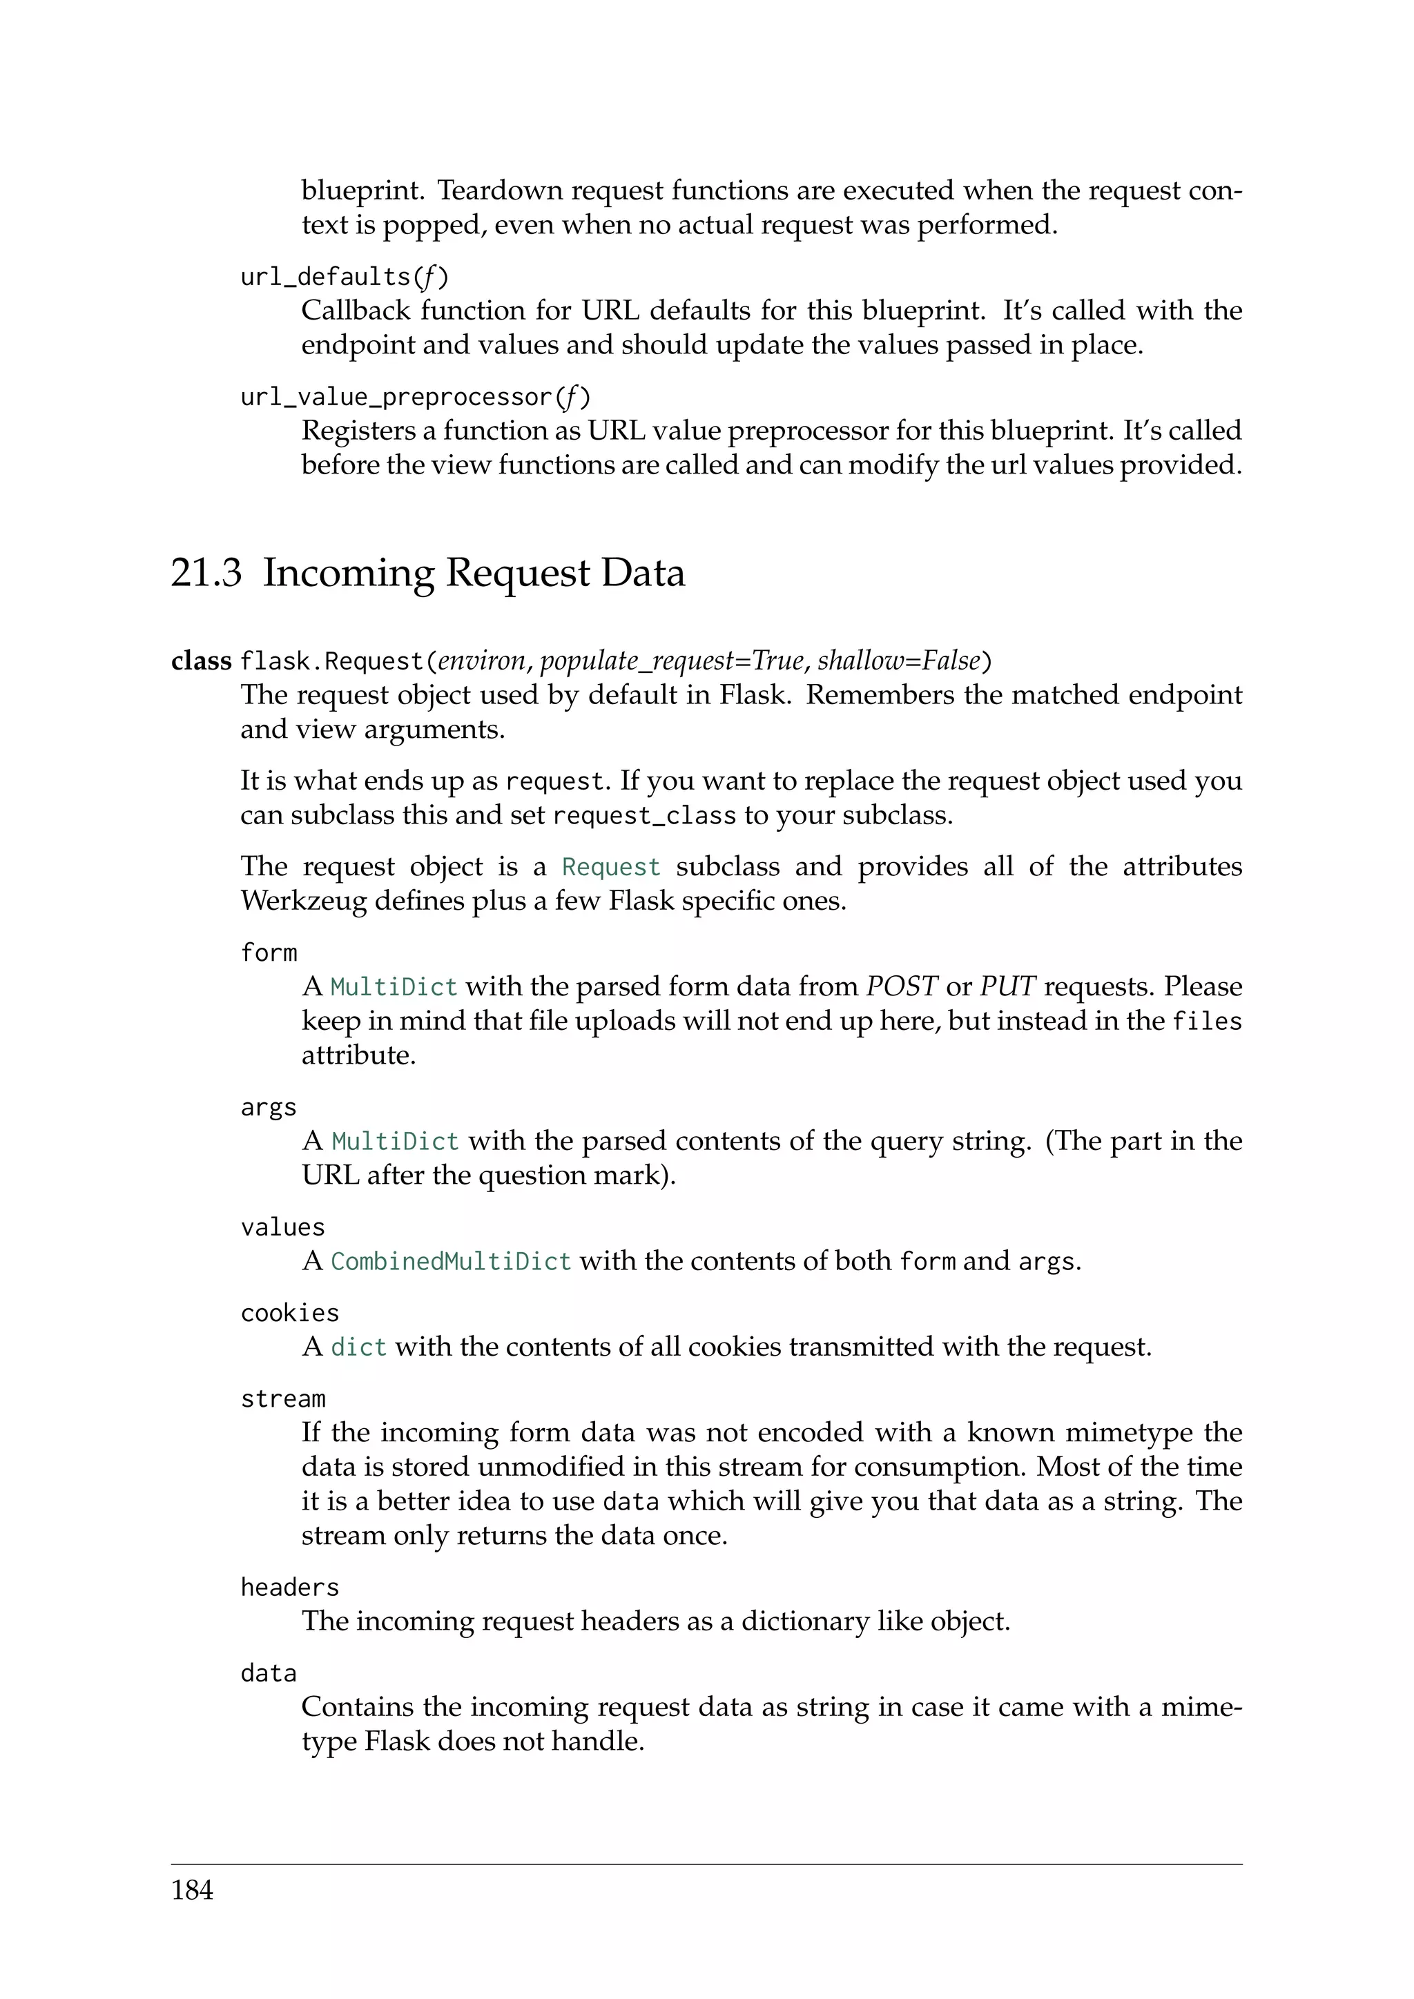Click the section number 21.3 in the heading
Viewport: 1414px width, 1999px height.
click(206, 573)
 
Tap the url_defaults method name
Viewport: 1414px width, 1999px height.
click(325, 277)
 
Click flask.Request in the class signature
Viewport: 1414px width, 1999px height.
click(331, 662)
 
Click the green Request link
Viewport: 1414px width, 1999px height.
click(611, 867)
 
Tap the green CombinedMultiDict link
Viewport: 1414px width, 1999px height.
click(450, 1262)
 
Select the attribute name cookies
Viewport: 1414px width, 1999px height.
click(289, 1313)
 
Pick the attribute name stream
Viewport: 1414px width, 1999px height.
click(283, 1399)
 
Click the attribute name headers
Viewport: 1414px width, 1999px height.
click(289, 1587)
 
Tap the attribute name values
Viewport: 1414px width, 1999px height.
click(282, 1227)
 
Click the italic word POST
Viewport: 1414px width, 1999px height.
click(901, 986)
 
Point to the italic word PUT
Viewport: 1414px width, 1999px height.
click(1007, 986)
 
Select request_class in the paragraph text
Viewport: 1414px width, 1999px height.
click(644, 816)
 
